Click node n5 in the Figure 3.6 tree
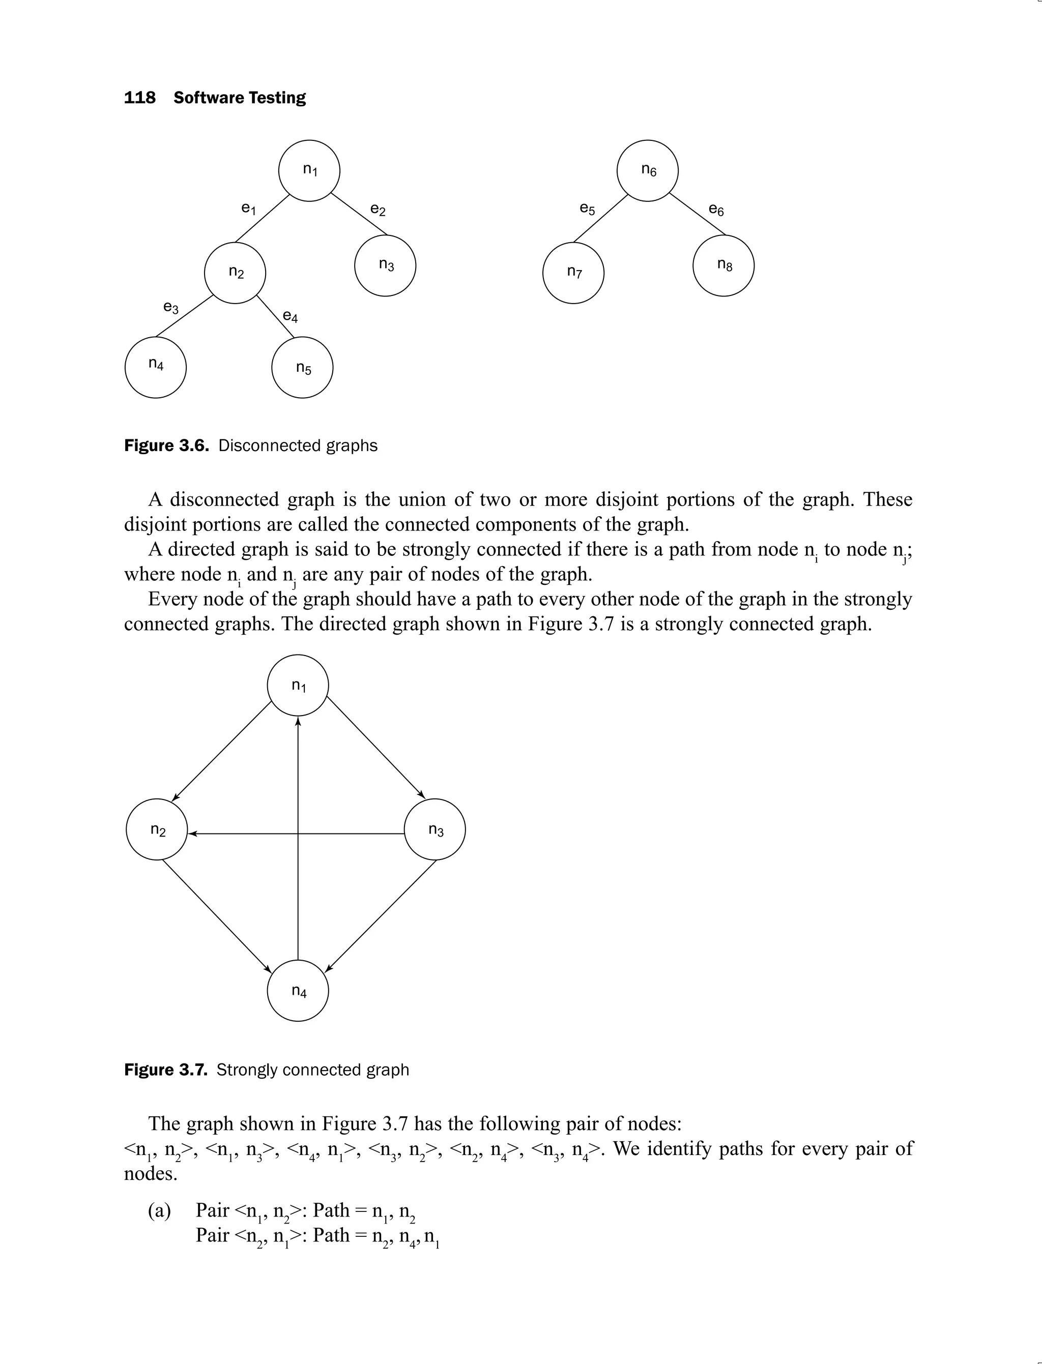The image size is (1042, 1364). click(302, 368)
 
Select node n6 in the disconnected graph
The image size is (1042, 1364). click(648, 170)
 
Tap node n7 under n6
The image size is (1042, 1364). click(573, 273)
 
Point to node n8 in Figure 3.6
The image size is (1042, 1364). click(723, 265)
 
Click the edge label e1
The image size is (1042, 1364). click(248, 209)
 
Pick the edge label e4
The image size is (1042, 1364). click(290, 317)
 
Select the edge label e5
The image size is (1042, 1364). click(587, 209)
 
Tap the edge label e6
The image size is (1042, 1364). click(716, 210)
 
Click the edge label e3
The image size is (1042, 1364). click(170, 308)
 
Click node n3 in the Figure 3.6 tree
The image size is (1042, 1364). click(385, 265)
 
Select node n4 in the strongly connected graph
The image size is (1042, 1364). click(298, 991)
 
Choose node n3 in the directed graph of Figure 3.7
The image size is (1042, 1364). click(435, 829)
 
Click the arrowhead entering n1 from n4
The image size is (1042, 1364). click(298, 722)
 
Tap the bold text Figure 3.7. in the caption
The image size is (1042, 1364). click(165, 1070)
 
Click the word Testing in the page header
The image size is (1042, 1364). click(277, 98)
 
